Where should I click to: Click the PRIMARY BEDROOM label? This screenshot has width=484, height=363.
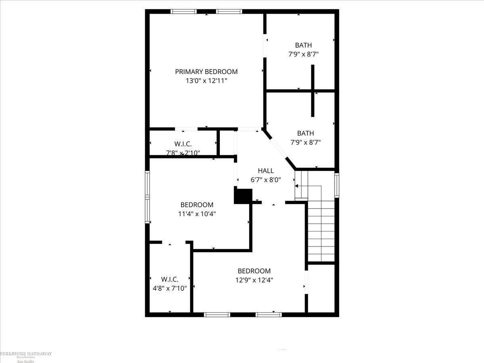pos(206,72)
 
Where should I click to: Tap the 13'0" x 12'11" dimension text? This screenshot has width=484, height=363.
pos(206,81)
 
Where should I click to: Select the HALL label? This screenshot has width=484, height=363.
pos(266,171)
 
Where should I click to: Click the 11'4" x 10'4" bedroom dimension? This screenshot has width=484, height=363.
pos(197,214)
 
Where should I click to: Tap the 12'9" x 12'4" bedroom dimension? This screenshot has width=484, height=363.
pos(254,280)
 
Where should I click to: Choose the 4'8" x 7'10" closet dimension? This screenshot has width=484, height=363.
pos(170,288)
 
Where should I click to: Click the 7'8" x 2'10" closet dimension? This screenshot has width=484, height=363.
pos(183,153)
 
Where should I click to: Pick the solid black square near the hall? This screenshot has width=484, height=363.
pos(243,196)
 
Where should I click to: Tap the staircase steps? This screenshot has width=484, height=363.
pos(321,234)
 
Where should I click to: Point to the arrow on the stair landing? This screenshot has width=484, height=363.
pos(296,186)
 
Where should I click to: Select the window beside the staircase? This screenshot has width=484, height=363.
pos(336,185)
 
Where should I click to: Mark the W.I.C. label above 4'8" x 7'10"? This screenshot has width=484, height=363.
pos(170,279)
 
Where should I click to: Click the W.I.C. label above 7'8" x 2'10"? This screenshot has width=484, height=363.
pos(183,144)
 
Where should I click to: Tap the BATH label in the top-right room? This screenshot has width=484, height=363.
pos(303,45)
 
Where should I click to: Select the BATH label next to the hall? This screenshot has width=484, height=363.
pos(305,133)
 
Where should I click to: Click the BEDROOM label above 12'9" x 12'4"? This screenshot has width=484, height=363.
pos(254,271)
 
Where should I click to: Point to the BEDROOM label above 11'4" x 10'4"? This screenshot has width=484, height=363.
pos(197,205)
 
